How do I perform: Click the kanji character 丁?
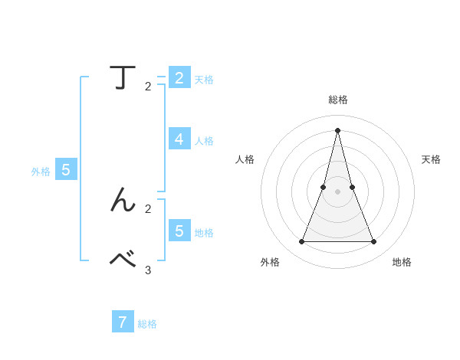123,78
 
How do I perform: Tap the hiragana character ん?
123,201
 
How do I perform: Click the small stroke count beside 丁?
148,87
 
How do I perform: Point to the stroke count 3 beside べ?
148,270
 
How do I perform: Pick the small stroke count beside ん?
148,208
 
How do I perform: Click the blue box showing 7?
122,322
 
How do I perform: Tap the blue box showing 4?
179,139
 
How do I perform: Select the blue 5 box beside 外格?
66,170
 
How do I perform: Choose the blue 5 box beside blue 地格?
179,231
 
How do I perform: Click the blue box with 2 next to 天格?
179,77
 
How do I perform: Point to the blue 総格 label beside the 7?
147,324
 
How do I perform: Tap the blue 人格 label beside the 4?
204,141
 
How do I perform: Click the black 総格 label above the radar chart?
338,100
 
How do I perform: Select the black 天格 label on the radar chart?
432,159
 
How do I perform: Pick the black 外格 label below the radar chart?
270,262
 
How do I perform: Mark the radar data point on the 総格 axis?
338,129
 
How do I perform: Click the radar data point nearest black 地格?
374,242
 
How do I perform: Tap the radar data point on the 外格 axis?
301,242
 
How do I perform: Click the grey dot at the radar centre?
338,191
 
